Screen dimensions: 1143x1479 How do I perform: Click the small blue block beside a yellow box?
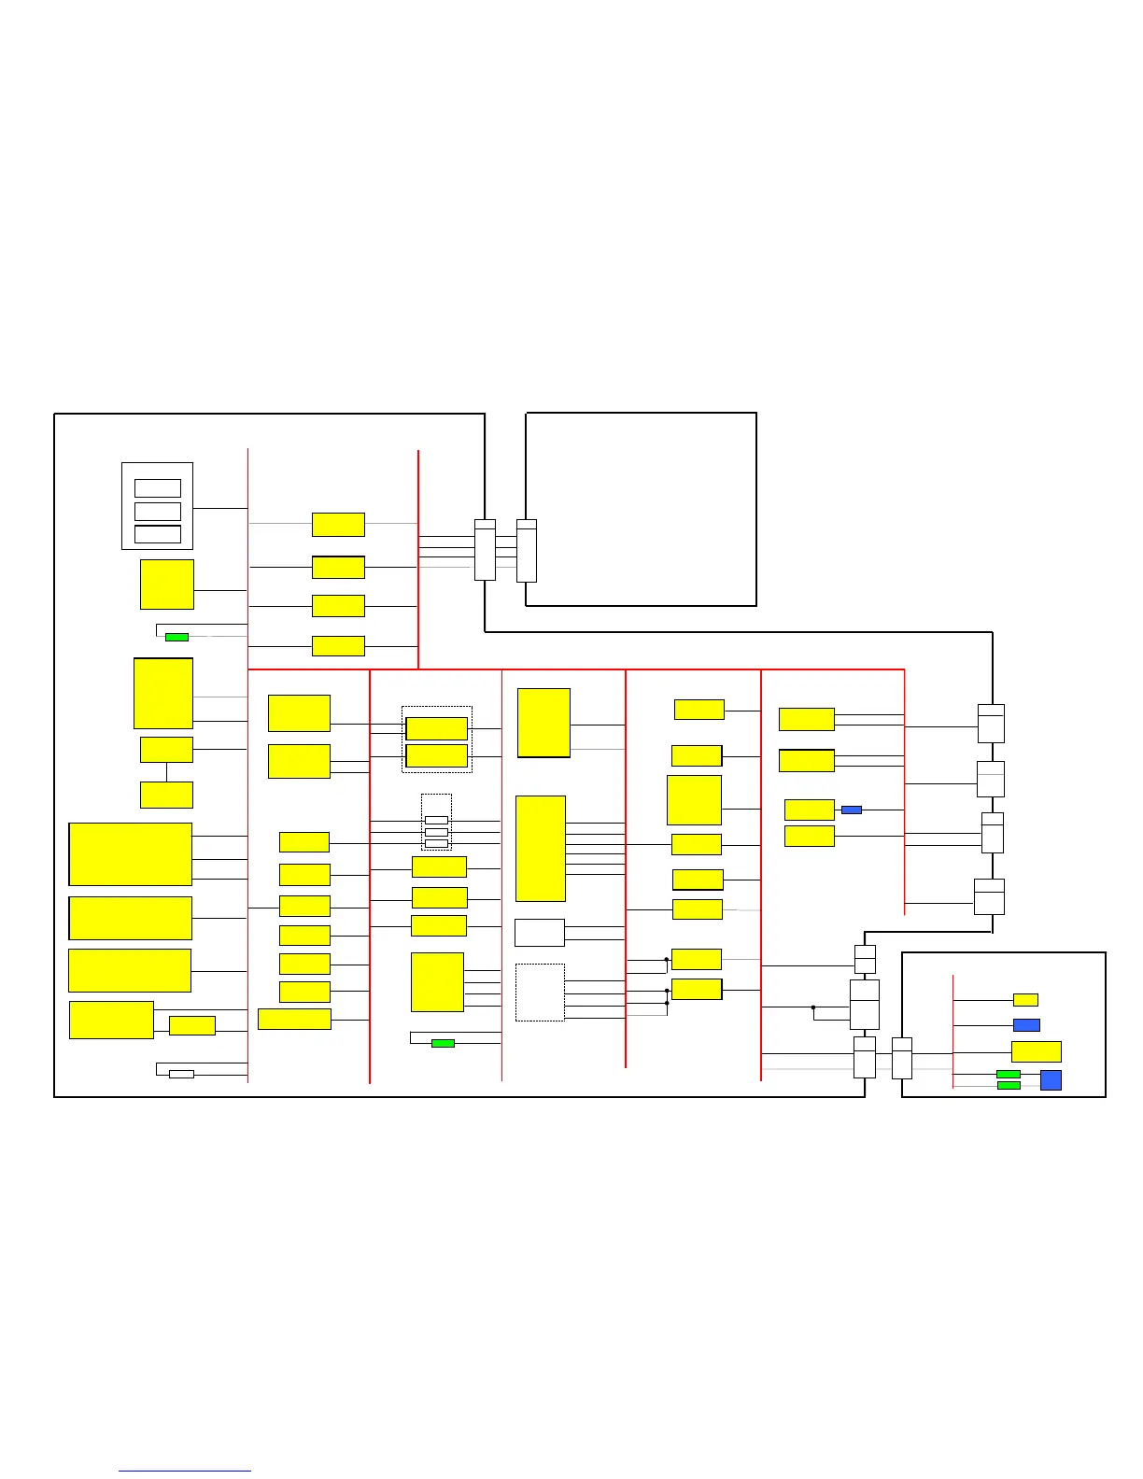[x=851, y=810]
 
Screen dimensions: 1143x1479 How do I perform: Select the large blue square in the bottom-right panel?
[x=1051, y=1080]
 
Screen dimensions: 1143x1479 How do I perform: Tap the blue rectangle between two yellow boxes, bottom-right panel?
[x=1026, y=1025]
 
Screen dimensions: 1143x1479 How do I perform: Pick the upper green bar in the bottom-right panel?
[x=1009, y=1074]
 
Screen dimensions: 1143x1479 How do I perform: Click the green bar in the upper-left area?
[x=176, y=637]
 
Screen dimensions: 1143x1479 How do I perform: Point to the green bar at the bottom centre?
[x=443, y=1043]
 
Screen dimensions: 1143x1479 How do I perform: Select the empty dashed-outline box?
[x=540, y=993]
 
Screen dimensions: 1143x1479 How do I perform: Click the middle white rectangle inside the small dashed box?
[x=436, y=832]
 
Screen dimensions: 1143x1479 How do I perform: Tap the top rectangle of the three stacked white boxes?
[x=158, y=487]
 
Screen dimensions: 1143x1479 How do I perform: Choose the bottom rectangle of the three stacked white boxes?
[x=158, y=534]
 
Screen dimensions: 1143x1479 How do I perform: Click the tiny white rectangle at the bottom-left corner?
[x=181, y=1074]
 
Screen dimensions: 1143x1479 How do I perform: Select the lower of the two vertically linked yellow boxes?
[x=166, y=795]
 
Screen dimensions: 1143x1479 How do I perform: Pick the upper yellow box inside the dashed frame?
[x=437, y=728]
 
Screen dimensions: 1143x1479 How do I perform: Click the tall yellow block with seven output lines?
[x=541, y=848]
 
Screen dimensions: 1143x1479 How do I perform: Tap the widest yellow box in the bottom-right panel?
[x=1037, y=1051]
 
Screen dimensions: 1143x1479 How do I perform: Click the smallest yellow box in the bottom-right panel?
[x=1025, y=1000]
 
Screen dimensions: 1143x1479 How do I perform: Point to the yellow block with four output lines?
[x=437, y=981]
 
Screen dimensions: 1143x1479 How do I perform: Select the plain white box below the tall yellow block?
[x=540, y=932]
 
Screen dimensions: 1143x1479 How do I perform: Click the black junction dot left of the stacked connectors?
[x=813, y=1007]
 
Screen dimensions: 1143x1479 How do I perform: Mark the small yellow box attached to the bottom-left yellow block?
[x=192, y=1025]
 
